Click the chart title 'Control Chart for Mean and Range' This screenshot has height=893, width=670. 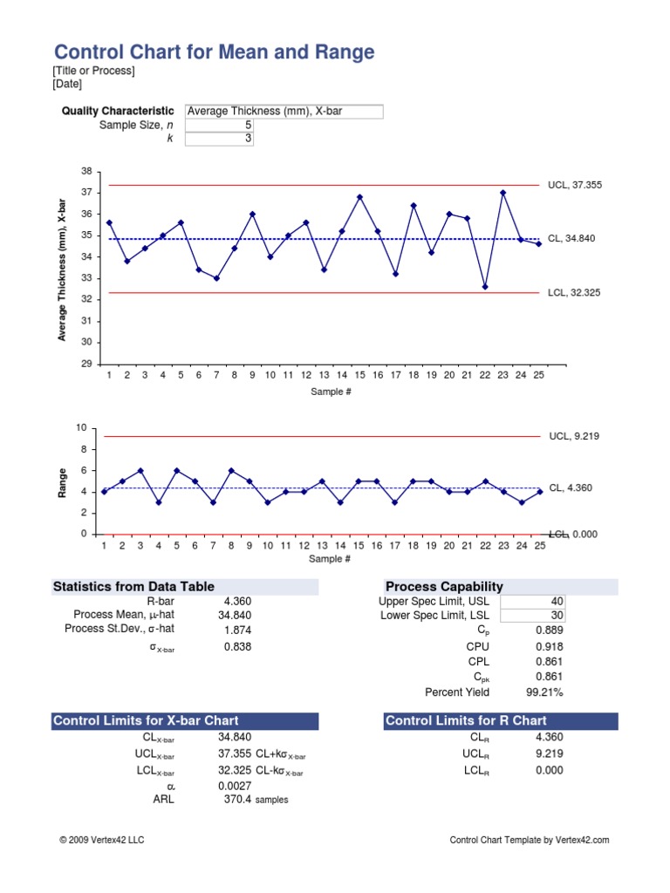215,52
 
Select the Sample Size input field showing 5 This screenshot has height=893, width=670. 218,125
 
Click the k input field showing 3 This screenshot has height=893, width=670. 218,138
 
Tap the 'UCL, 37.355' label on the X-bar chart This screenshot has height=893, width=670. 575,185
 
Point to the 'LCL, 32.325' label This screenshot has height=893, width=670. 574,293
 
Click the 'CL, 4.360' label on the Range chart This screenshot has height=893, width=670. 571,488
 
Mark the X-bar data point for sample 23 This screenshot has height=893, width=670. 503,193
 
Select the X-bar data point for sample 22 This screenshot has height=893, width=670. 485,287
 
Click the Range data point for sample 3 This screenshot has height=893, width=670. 140,470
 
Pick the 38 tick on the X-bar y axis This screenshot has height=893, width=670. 85,171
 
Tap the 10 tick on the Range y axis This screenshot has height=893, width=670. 82,428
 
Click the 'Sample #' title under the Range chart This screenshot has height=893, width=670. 331,559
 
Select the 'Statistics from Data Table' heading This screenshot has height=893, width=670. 134,587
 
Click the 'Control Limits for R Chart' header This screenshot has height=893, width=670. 466,720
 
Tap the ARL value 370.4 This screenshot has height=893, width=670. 237,799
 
